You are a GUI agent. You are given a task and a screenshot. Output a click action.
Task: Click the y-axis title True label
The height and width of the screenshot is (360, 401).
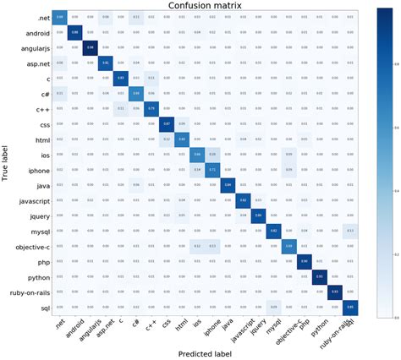(8, 161)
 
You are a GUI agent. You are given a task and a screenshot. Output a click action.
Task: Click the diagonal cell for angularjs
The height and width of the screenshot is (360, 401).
(89, 46)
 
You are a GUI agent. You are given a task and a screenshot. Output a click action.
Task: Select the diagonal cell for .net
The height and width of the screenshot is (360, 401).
(59, 17)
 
